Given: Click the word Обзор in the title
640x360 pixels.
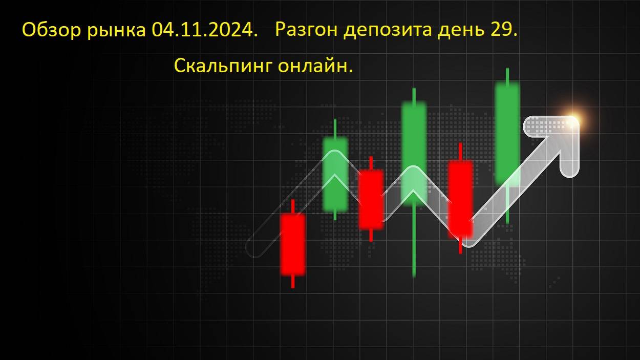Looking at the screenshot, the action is point(52,30).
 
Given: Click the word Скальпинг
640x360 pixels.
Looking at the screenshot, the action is point(223,66).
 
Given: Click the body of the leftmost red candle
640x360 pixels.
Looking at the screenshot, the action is point(293,245).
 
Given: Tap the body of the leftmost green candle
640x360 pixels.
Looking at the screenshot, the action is point(335,174).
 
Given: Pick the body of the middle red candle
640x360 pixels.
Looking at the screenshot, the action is point(371,199).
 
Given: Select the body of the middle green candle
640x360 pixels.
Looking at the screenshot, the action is point(414,154).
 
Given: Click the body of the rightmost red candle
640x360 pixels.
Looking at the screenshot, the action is point(460,199).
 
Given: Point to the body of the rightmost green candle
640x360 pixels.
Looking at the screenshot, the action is point(507,134).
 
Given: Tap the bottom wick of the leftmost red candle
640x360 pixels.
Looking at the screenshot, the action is point(293,282).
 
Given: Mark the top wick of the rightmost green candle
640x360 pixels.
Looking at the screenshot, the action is point(507,76).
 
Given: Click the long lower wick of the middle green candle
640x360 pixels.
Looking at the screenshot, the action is point(414,241).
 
